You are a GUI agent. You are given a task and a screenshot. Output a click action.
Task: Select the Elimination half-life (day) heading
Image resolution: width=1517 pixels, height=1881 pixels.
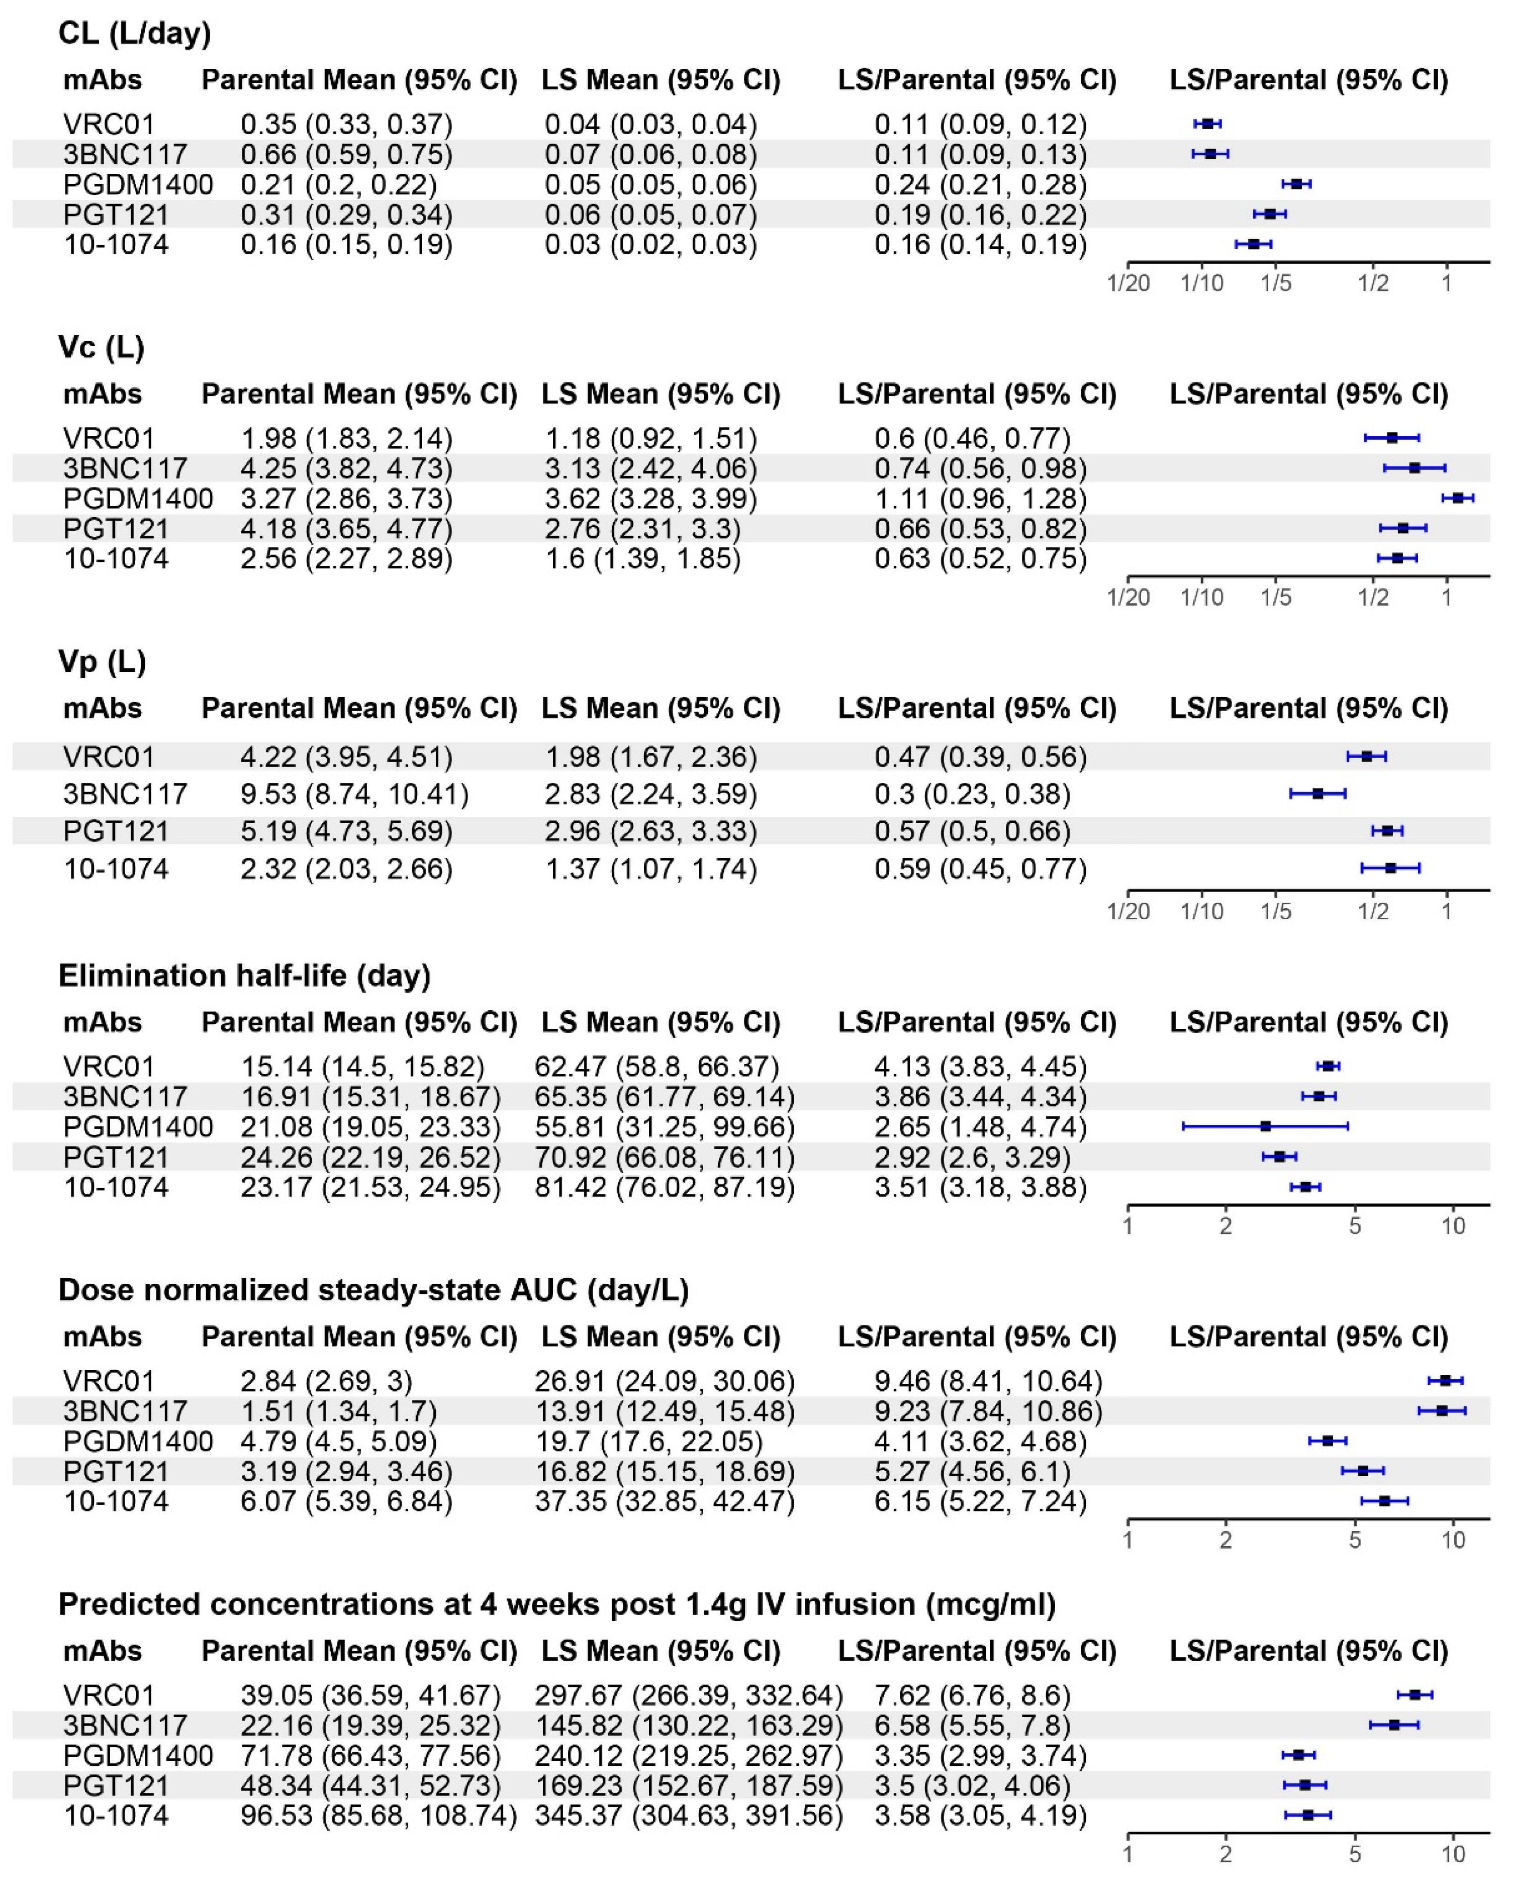click(x=245, y=975)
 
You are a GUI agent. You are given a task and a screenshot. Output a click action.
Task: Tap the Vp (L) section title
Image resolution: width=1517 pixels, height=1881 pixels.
click(x=102, y=662)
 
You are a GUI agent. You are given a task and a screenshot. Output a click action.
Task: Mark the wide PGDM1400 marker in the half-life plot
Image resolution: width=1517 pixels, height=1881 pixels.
click(x=1266, y=1127)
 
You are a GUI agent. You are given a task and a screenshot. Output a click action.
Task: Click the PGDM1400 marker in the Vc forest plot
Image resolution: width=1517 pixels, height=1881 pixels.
click(x=1458, y=498)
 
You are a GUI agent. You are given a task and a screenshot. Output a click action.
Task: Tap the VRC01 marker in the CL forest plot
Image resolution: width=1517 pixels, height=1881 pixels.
click(x=1207, y=124)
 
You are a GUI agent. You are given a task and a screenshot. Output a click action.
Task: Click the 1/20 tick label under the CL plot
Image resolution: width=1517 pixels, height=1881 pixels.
click(x=1127, y=284)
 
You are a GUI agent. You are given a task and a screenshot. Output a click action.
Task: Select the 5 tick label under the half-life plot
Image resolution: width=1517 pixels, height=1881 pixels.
click(x=1354, y=1226)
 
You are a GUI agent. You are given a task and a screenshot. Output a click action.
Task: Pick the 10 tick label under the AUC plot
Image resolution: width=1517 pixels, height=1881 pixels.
click(x=1453, y=1540)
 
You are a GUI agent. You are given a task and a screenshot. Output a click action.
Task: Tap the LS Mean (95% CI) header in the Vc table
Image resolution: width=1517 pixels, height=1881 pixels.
click(x=661, y=394)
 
